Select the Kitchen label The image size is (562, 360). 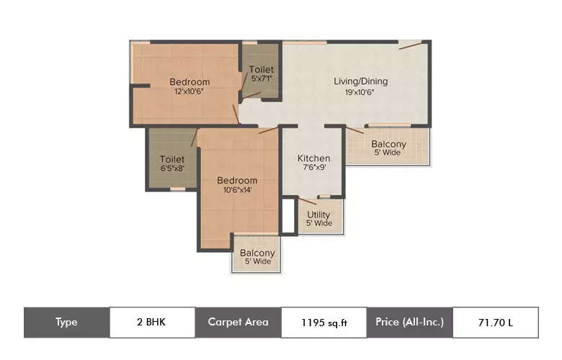point(314,158)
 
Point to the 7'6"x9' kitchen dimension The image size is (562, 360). point(314,168)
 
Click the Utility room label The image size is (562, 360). point(318,215)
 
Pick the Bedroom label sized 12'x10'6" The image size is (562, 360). point(189,82)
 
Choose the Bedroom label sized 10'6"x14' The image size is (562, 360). point(237,181)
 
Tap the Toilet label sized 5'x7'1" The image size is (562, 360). point(261,69)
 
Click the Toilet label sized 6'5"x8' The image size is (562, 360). point(172,159)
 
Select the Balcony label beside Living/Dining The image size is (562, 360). point(388,144)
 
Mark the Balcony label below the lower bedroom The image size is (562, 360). point(257,253)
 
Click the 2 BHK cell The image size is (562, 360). point(151,322)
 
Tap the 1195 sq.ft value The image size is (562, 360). point(324,323)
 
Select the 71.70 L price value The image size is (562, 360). point(495,323)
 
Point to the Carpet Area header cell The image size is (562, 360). point(238,322)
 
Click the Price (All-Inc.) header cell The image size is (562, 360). point(409,322)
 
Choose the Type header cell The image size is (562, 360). point(66,322)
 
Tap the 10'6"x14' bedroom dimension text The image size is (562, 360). point(237,190)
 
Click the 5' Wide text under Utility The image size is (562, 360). point(318,223)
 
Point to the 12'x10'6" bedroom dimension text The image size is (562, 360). point(189,91)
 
